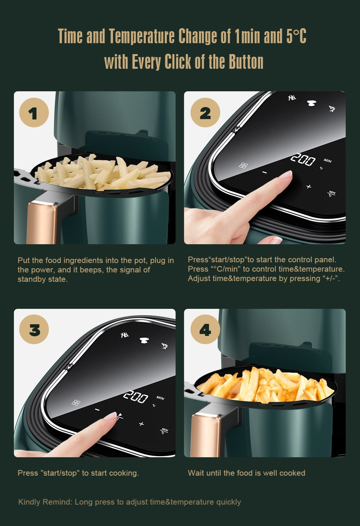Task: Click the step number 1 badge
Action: click(34, 112)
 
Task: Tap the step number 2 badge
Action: click(205, 112)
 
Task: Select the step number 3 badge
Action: click(34, 329)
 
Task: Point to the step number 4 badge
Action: click(205, 329)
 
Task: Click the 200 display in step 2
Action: click(303, 160)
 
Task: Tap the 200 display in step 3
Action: click(136, 397)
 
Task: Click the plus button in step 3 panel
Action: click(141, 424)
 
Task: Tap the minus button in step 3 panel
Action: click(97, 410)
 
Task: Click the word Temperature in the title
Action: click(142, 36)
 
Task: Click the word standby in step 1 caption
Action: click(31, 279)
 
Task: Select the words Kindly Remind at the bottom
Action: click(45, 502)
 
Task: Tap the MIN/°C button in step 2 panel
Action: click(331, 193)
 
